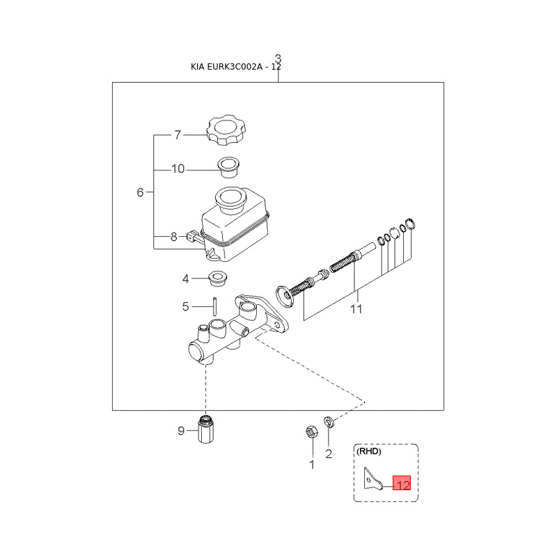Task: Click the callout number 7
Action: [x=177, y=135]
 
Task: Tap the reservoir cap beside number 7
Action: [x=226, y=132]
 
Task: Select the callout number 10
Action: [x=178, y=168]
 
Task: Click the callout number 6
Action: [x=140, y=192]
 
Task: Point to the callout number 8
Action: [x=174, y=237]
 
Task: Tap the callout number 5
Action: [x=186, y=306]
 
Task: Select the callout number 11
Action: [x=356, y=309]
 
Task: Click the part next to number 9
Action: [x=206, y=430]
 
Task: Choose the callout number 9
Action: [x=181, y=431]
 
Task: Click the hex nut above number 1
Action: [x=311, y=432]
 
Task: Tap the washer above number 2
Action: [x=331, y=421]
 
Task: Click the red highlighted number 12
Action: [x=402, y=483]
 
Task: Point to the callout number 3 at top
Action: [x=278, y=58]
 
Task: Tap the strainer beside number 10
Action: [x=226, y=166]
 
